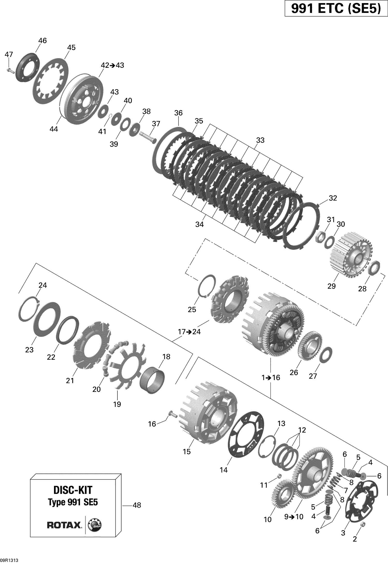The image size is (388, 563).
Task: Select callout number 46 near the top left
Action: click(x=42, y=41)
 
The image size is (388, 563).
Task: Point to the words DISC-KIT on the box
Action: click(x=73, y=490)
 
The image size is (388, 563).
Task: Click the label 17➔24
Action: click(x=189, y=332)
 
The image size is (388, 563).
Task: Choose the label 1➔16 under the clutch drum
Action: click(x=271, y=378)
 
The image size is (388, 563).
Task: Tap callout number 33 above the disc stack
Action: click(x=260, y=140)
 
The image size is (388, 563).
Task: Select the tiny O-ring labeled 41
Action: click(x=110, y=116)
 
